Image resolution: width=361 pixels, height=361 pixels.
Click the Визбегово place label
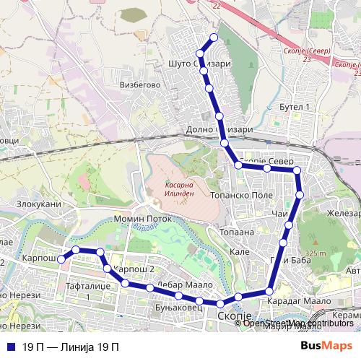pos(140,84)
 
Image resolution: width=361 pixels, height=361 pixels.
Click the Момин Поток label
pos(143,218)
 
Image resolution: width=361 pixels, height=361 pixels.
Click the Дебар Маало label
pos(178,284)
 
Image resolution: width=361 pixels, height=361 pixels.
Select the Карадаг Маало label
pos(300,300)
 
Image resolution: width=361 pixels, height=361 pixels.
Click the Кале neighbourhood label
pos(239,252)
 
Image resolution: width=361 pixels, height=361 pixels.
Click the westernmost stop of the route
pos(62,258)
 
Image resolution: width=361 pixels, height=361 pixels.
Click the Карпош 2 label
pos(136,269)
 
